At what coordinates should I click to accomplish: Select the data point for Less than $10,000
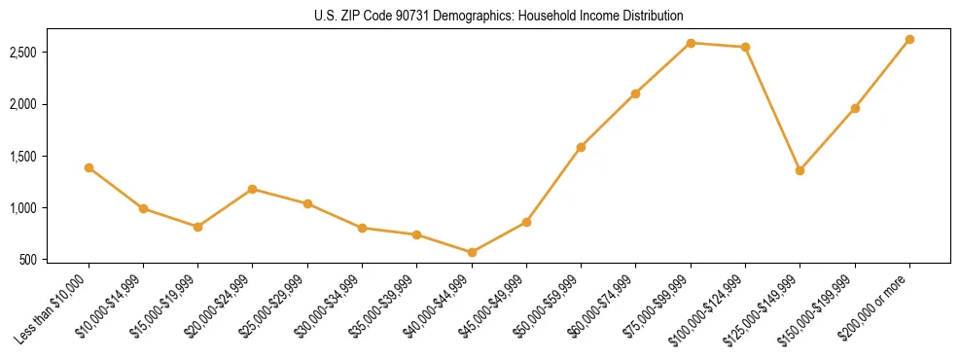[x=89, y=167]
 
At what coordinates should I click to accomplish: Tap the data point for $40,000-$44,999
[x=472, y=252]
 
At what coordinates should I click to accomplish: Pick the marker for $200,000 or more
[x=909, y=39]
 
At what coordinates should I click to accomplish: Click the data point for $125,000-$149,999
[x=800, y=170]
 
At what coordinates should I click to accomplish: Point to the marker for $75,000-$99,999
[x=691, y=43]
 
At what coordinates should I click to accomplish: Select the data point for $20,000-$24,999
[x=253, y=189]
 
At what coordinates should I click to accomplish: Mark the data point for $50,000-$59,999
[x=581, y=147]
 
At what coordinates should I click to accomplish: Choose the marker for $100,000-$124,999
[x=745, y=47]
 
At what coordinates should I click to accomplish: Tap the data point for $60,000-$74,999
[x=635, y=93]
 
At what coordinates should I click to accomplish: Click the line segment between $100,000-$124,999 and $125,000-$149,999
[x=772, y=108]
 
